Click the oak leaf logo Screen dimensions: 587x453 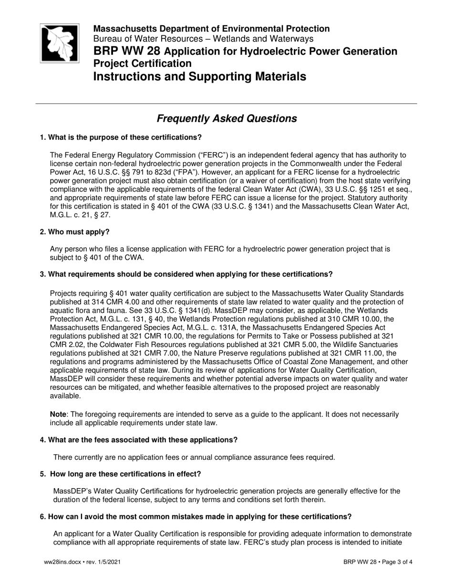[x=59, y=43]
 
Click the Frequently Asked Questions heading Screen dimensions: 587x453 [x=226, y=118]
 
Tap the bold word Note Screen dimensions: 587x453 [x=58, y=414]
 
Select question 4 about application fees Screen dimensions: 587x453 [x=138, y=440]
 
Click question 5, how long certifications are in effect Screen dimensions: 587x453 [x=121, y=474]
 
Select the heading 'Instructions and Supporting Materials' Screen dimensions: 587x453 [x=199, y=76]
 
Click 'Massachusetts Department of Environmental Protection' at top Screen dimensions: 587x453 [x=211, y=29]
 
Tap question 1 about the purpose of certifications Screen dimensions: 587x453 [x=121, y=137]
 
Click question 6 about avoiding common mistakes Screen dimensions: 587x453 [x=196, y=516]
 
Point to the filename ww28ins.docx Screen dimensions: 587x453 [x=60, y=562]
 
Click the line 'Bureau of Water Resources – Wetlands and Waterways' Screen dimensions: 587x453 [x=203, y=39]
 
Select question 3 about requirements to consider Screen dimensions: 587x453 [x=186, y=274]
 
